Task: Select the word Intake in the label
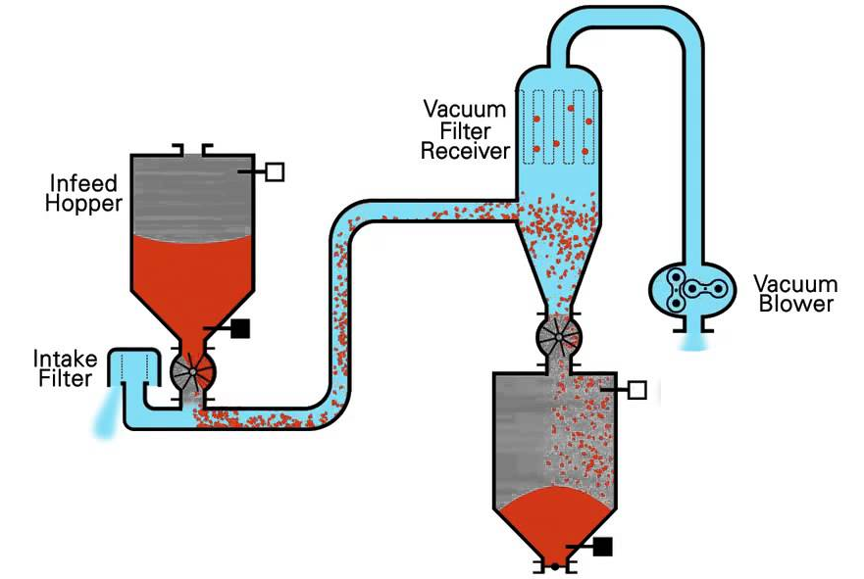click(63, 358)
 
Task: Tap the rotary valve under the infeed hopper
click(190, 373)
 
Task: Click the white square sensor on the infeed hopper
click(275, 172)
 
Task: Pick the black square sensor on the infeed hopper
click(238, 329)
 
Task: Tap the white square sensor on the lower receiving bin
click(636, 390)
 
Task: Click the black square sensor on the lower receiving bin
click(602, 547)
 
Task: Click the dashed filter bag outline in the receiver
click(558, 126)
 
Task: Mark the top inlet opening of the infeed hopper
click(191, 150)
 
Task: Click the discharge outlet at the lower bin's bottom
click(554, 566)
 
